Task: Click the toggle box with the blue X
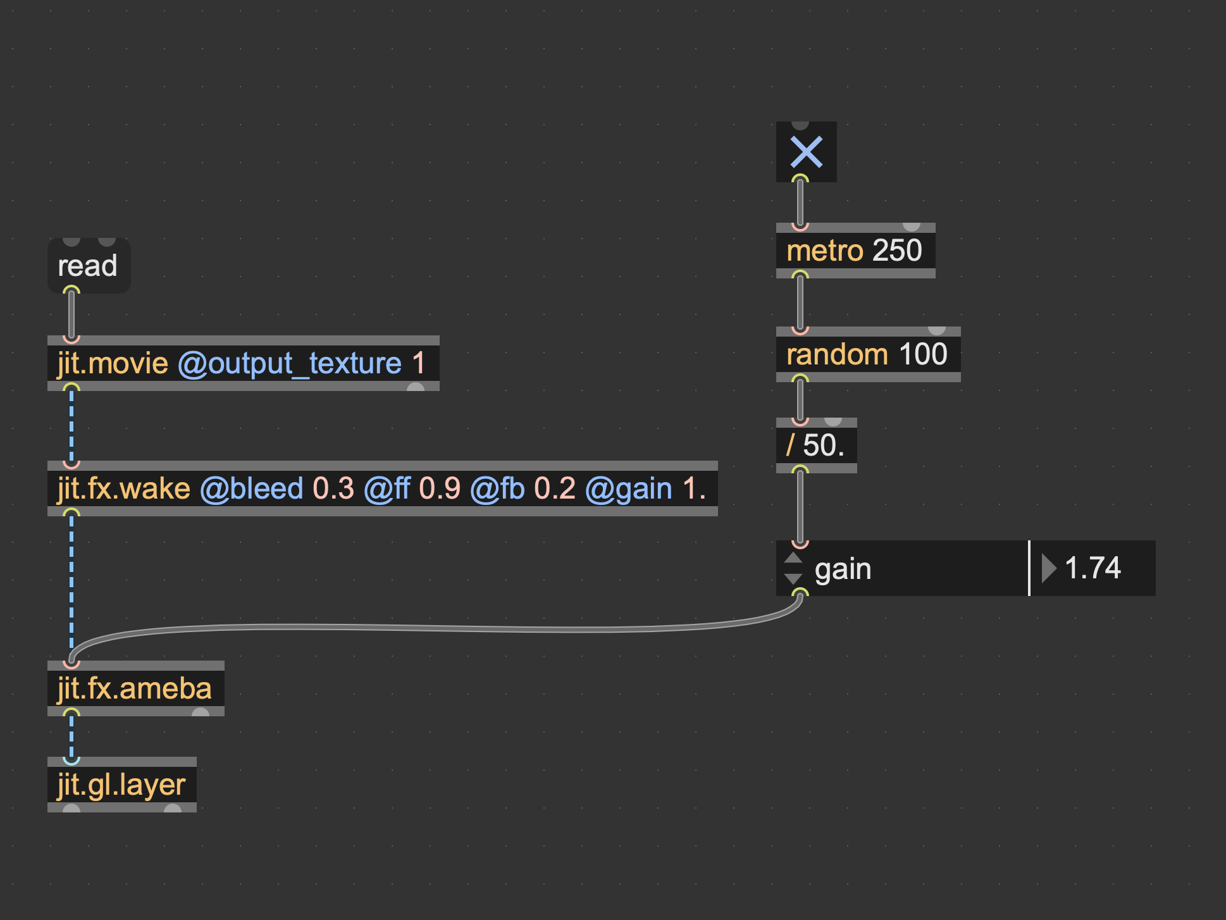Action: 806,152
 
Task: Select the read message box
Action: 88,266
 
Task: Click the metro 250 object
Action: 854,251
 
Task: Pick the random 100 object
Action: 867,354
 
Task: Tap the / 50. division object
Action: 815,445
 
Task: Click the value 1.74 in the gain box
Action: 1093,568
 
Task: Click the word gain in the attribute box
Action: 843,569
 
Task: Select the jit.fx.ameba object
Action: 135,688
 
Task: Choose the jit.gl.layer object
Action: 121,785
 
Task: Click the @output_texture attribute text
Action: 290,363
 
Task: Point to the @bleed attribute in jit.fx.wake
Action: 252,488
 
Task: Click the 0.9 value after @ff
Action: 440,488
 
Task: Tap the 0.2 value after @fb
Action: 555,488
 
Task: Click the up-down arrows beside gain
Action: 793,568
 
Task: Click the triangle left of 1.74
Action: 1048,568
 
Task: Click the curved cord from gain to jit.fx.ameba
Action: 443,628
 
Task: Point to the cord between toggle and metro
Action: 800,202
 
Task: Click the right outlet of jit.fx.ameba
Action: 201,712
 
